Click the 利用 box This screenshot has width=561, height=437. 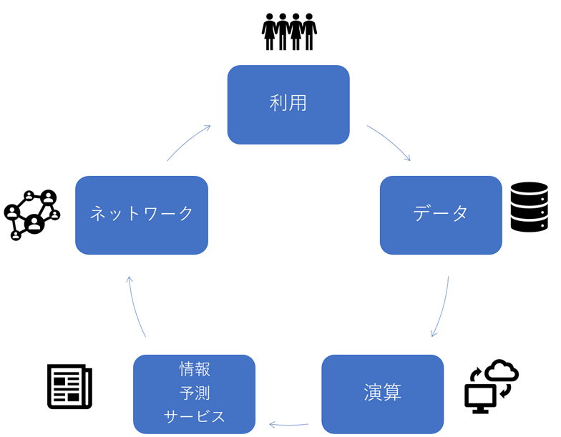click(288, 104)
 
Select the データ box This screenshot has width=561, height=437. click(441, 215)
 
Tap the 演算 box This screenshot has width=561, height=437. click(382, 394)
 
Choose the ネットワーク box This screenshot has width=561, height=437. click(142, 215)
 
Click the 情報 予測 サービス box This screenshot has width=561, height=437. click(195, 394)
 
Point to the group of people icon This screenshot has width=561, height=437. click(289, 31)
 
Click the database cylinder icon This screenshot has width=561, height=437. click(530, 207)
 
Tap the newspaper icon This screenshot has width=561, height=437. click(70, 386)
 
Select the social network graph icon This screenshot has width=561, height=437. click(32, 215)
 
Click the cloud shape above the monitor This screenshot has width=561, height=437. click(502, 370)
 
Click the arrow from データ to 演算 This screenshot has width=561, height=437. click(442, 308)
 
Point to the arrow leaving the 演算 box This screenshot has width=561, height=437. click(288, 425)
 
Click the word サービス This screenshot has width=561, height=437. click(195, 416)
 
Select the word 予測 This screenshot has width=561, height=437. click(195, 393)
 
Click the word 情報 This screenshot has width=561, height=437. click(195, 369)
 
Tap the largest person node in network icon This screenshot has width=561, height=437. click(34, 224)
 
